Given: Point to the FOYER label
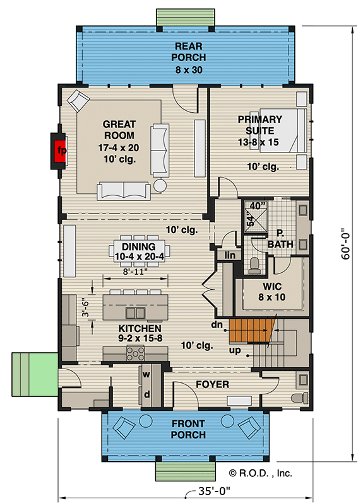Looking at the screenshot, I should coord(211,384).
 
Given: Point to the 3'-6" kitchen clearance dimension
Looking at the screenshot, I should coord(88,307).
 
